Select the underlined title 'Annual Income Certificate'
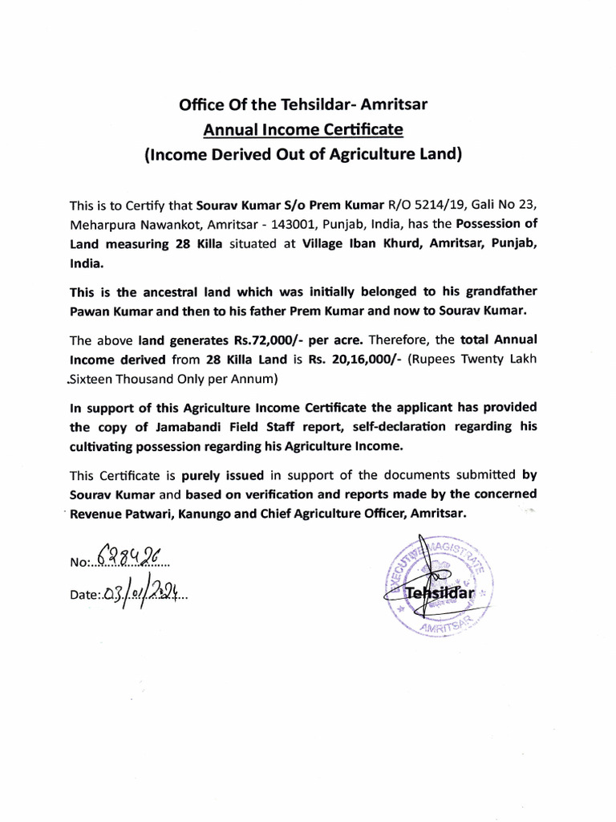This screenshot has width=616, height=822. [x=302, y=128]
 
